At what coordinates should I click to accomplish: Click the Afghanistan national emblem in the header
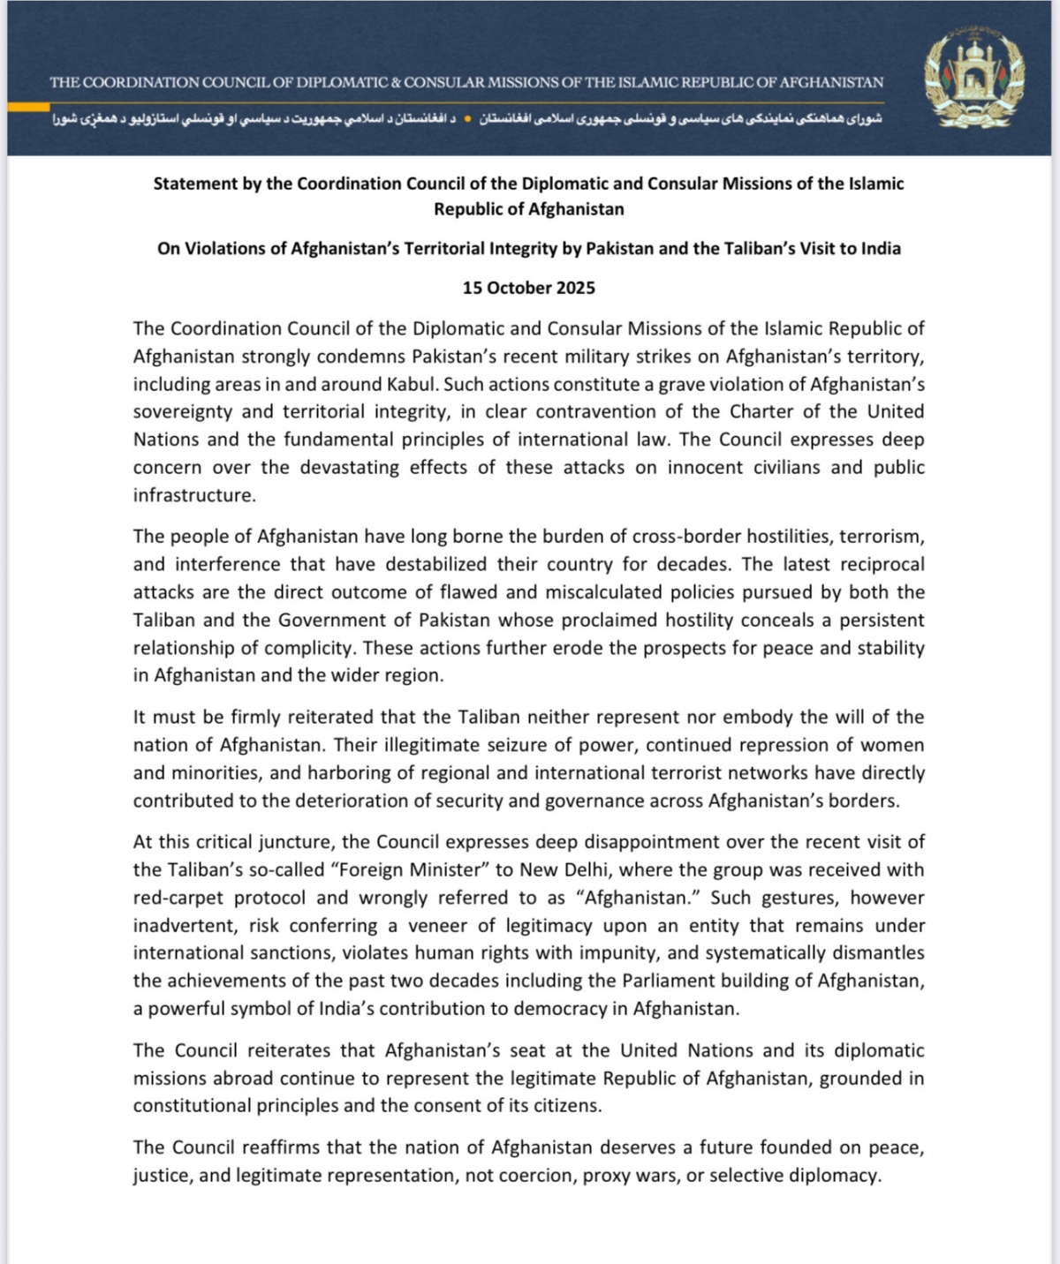click(x=974, y=78)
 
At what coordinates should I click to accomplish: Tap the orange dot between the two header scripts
click(x=467, y=117)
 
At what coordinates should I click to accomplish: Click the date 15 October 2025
click(x=529, y=288)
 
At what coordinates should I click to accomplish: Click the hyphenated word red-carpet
click(x=175, y=898)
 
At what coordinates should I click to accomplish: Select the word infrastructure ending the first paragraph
click(x=194, y=495)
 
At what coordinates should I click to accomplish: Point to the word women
click(x=893, y=745)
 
